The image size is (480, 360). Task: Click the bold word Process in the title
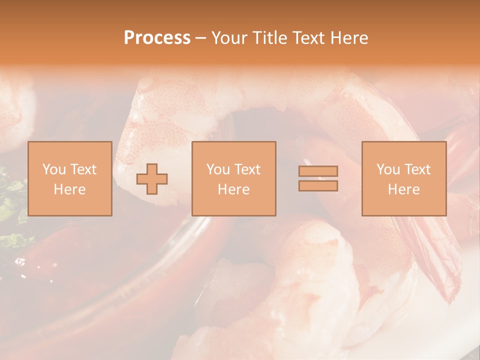(x=157, y=38)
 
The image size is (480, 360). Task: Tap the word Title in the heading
(x=269, y=38)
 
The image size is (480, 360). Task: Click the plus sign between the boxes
(x=152, y=179)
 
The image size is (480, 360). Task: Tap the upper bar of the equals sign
(x=318, y=171)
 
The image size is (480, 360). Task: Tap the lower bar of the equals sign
(x=318, y=186)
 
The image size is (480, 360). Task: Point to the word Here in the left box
(x=69, y=189)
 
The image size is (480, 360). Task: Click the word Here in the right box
(x=403, y=189)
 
